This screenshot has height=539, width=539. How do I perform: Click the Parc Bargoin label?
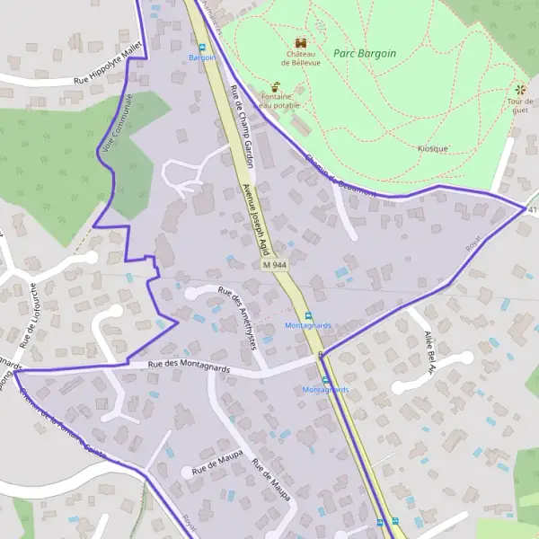(365, 54)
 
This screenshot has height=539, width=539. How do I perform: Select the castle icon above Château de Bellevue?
(300, 41)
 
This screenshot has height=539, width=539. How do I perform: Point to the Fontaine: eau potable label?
(277, 100)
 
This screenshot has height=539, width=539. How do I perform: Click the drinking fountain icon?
(276, 87)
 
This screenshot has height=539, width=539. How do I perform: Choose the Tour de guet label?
(519, 104)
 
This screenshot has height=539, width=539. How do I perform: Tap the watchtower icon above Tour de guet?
(519, 89)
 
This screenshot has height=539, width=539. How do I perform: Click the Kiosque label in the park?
(433, 148)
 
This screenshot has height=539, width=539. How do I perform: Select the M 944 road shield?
(275, 266)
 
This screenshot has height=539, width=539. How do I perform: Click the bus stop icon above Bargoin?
(202, 46)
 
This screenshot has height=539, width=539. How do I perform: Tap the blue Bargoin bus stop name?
(202, 57)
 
